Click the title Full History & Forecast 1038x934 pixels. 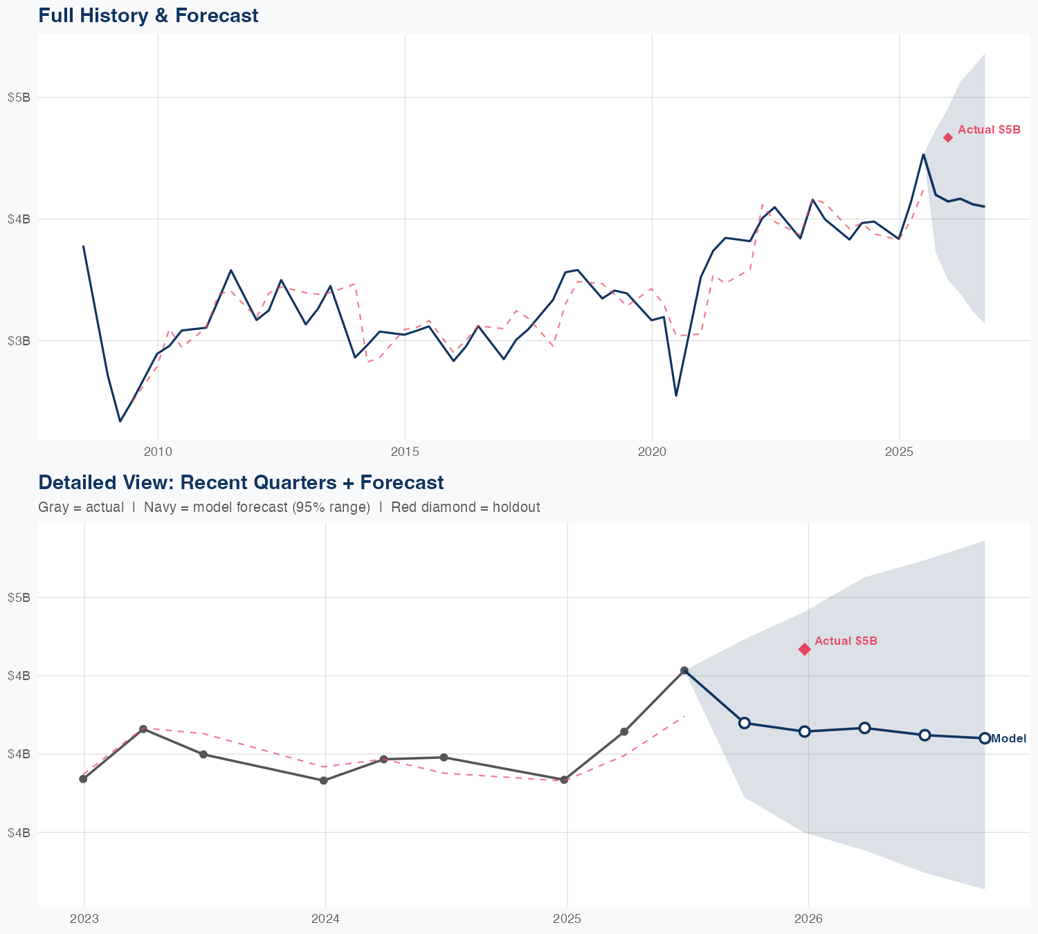coord(148,15)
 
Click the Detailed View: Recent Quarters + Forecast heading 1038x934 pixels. coord(241,482)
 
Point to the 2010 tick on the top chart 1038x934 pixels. coord(158,452)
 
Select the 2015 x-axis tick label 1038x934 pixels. coord(405,452)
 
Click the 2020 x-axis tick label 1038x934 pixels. coord(652,452)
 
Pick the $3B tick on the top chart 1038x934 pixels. coord(19,340)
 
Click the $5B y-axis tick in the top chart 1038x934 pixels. coord(19,97)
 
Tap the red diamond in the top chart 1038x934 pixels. coord(948,138)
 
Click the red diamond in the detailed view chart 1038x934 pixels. coord(804,649)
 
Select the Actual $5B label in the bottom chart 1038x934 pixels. coord(846,641)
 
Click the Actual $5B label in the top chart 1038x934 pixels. coord(989,129)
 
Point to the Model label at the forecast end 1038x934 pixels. coord(1008,738)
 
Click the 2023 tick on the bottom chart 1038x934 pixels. coord(84,919)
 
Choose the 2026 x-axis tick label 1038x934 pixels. coord(808,919)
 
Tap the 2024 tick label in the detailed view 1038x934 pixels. coord(325,919)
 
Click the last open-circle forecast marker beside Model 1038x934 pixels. coord(984,738)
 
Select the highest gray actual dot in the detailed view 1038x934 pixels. coord(684,670)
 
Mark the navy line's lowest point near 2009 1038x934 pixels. coord(120,421)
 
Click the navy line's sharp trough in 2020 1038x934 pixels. coord(676,395)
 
